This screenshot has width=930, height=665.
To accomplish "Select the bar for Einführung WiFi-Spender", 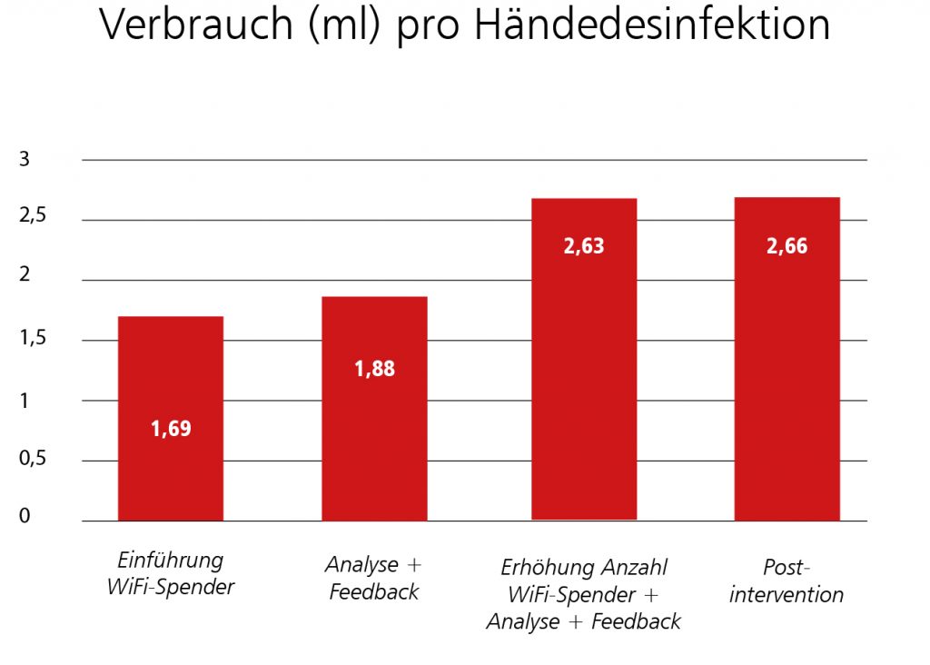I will pos(171,418).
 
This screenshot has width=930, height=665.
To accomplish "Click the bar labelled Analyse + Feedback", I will pos(375,409).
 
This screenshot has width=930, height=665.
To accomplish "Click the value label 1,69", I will pos(171,429).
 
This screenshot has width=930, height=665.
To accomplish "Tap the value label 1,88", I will pos(375,369).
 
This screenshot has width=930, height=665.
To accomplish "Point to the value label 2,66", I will pos(787,246).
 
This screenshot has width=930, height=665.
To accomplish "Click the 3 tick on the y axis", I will pos(25,160).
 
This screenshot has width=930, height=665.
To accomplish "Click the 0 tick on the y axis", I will pos(25,517).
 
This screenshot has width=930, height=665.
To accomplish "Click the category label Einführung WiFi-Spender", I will pos(171,573).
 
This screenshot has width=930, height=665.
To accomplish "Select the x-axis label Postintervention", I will pos(787,581).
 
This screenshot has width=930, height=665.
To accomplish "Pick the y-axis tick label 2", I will pos(25,276).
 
